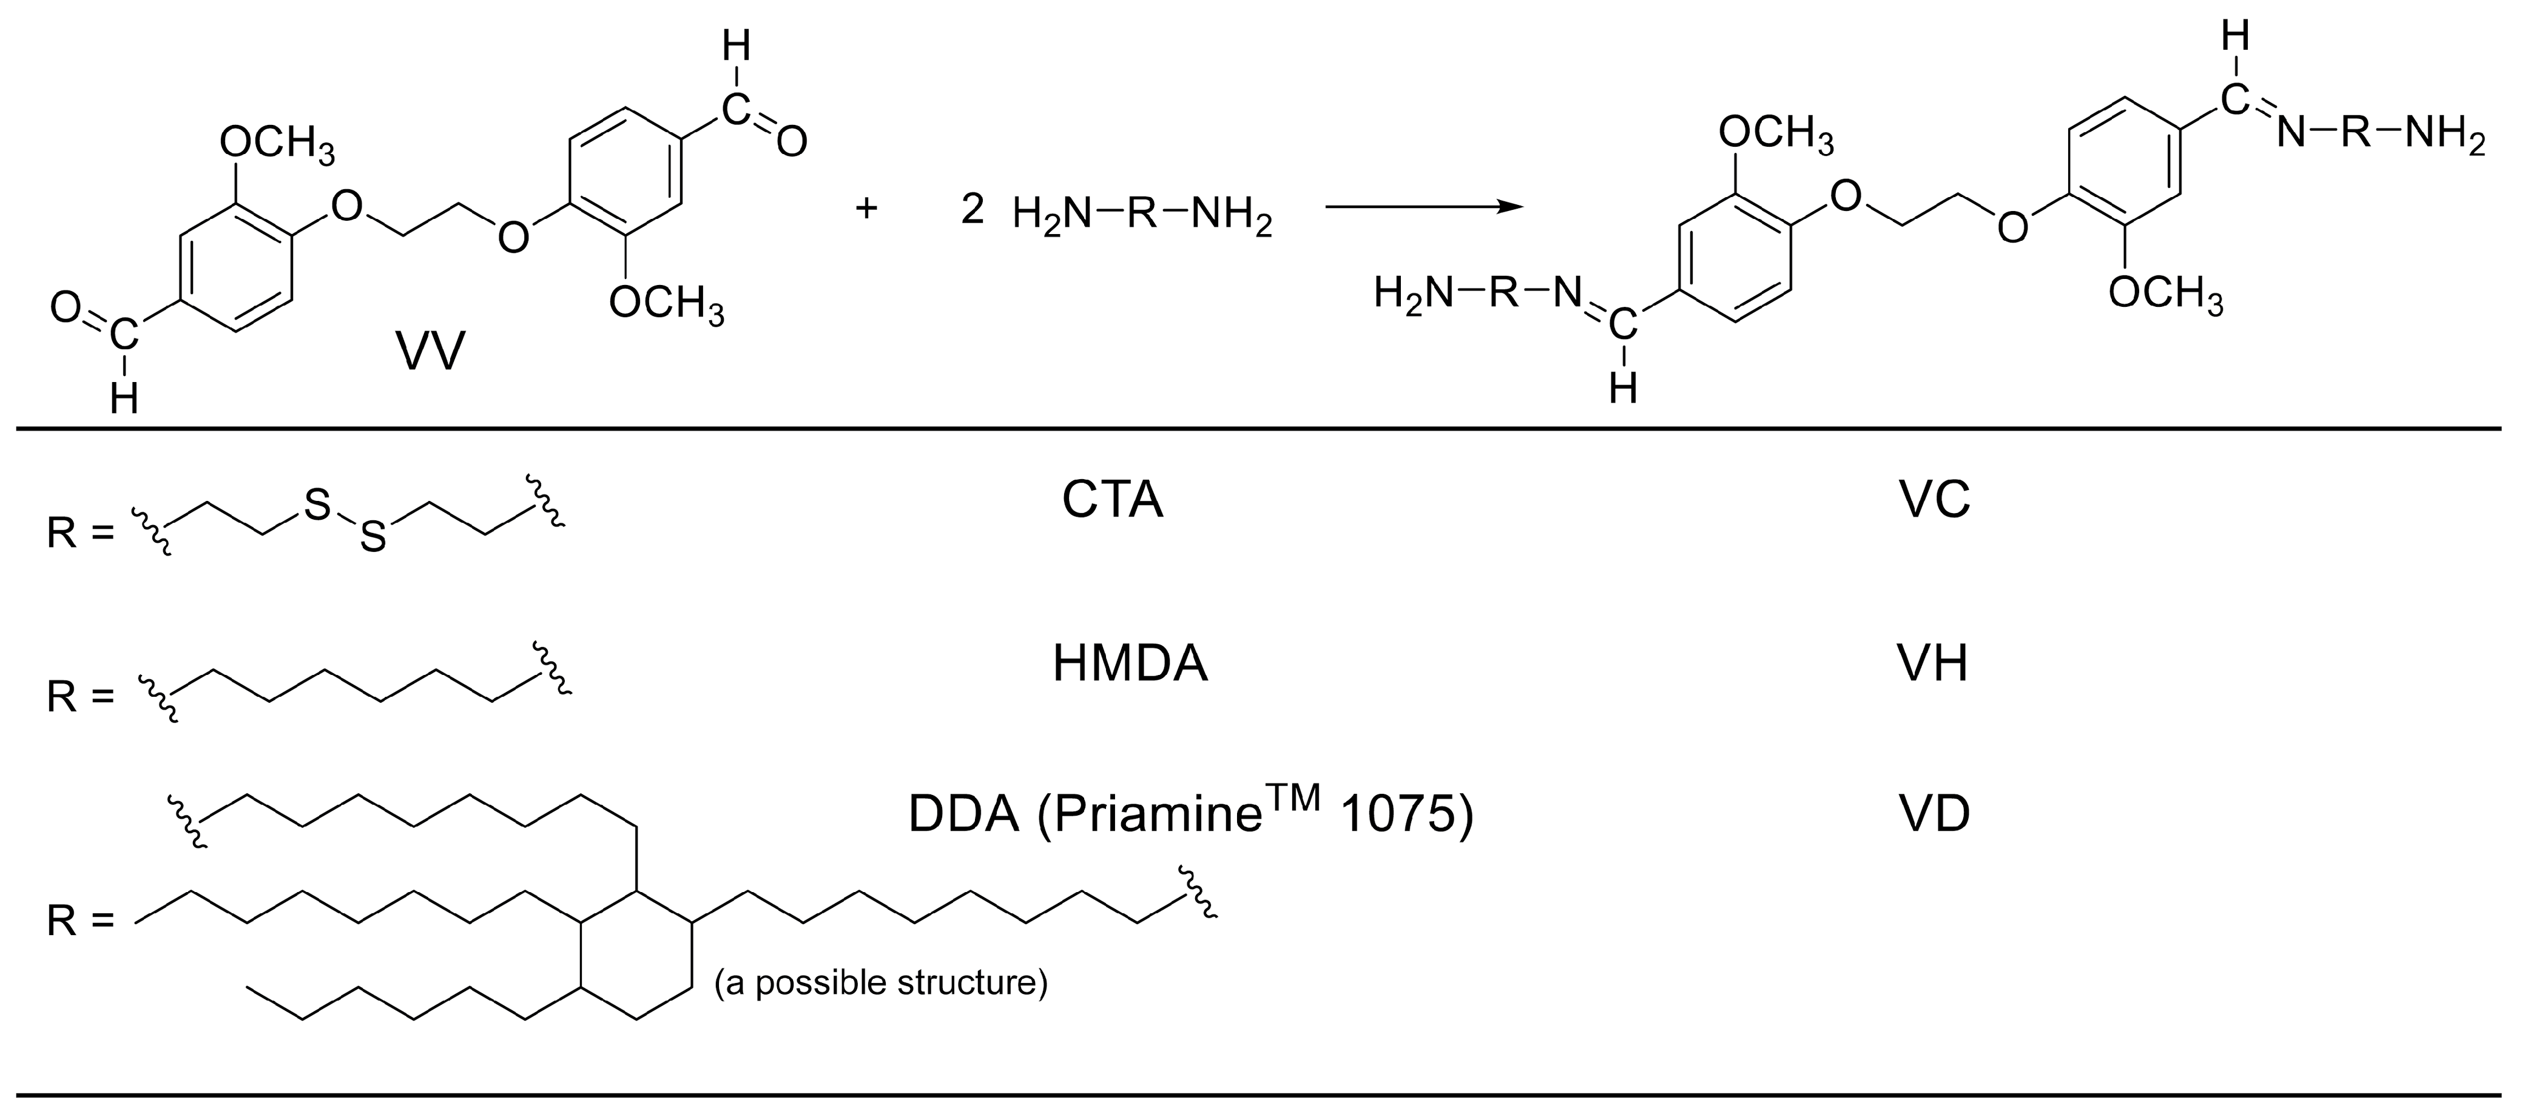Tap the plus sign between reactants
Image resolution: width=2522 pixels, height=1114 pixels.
(866, 209)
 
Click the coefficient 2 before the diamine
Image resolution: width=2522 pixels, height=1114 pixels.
(972, 209)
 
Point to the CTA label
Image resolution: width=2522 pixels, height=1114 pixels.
(1112, 500)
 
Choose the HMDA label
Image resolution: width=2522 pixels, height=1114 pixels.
(1130, 663)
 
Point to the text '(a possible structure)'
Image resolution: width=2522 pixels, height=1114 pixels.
(880, 982)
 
